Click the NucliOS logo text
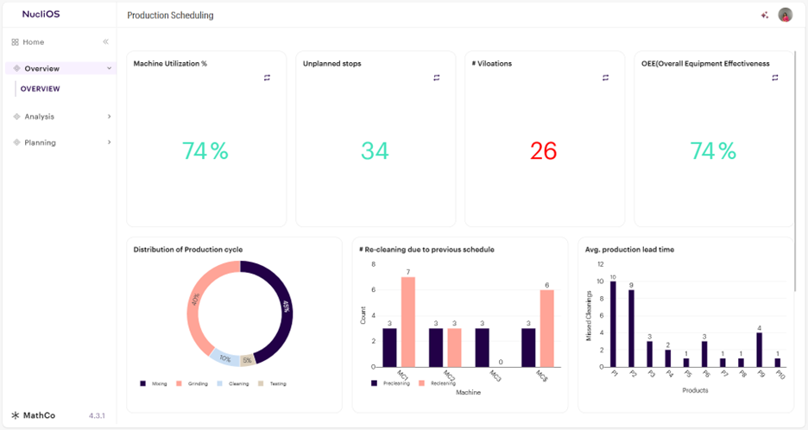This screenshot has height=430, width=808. point(41,15)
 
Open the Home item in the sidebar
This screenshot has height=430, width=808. point(33,42)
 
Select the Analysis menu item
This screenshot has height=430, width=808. point(39,117)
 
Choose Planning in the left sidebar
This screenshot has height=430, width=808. point(40,142)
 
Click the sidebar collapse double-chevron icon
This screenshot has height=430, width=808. point(105,42)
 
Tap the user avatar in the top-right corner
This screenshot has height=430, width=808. point(785,15)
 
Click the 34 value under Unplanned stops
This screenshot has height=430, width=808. point(374,151)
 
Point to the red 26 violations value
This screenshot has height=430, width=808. point(543,151)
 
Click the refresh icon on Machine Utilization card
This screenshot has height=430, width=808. point(267,78)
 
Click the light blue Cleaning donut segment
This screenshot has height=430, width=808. point(224,357)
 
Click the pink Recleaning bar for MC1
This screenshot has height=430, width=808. point(408,321)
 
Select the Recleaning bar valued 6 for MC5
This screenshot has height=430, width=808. point(546,327)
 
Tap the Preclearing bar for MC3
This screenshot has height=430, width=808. point(482,347)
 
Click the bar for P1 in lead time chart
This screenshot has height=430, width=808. point(613,324)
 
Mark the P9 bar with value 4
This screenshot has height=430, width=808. point(759,350)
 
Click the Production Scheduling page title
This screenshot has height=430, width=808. point(170,16)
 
